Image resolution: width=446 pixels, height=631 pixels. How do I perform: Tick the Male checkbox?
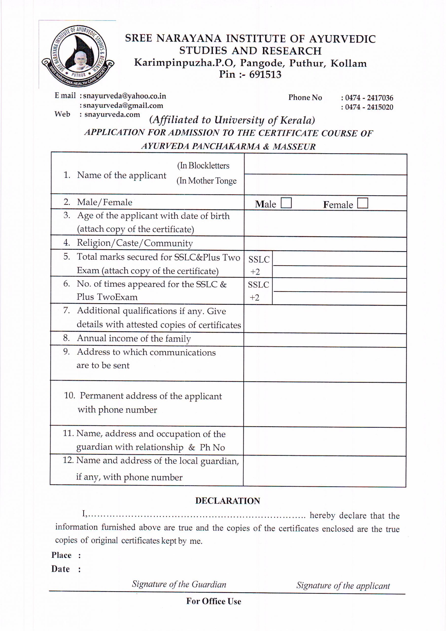tap(286, 203)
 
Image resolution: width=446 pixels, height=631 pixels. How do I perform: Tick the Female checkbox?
tap(362, 203)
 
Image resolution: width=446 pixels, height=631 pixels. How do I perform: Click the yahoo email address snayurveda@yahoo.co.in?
tap(124, 96)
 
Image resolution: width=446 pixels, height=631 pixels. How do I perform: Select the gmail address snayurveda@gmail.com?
tap(123, 105)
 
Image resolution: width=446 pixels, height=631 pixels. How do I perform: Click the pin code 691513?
tap(265, 74)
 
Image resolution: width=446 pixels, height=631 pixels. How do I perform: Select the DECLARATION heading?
tap(227, 501)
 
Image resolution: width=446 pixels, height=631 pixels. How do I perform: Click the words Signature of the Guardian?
tap(179, 584)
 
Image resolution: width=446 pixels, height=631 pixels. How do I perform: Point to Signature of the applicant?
tap(343, 585)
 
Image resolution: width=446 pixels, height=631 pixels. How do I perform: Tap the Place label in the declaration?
tap(61, 555)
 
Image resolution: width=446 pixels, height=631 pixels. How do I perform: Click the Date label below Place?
tap(60, 569)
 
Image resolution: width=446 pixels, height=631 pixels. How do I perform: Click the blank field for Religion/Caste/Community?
tap(325, 244)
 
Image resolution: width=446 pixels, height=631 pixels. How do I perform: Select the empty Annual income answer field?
tap(325, 340)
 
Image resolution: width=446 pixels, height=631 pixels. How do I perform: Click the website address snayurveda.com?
tap(112, 115)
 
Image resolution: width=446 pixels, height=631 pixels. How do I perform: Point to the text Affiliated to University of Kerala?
tap(232, 120)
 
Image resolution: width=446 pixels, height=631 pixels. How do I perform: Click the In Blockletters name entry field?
tap(325, 164)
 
